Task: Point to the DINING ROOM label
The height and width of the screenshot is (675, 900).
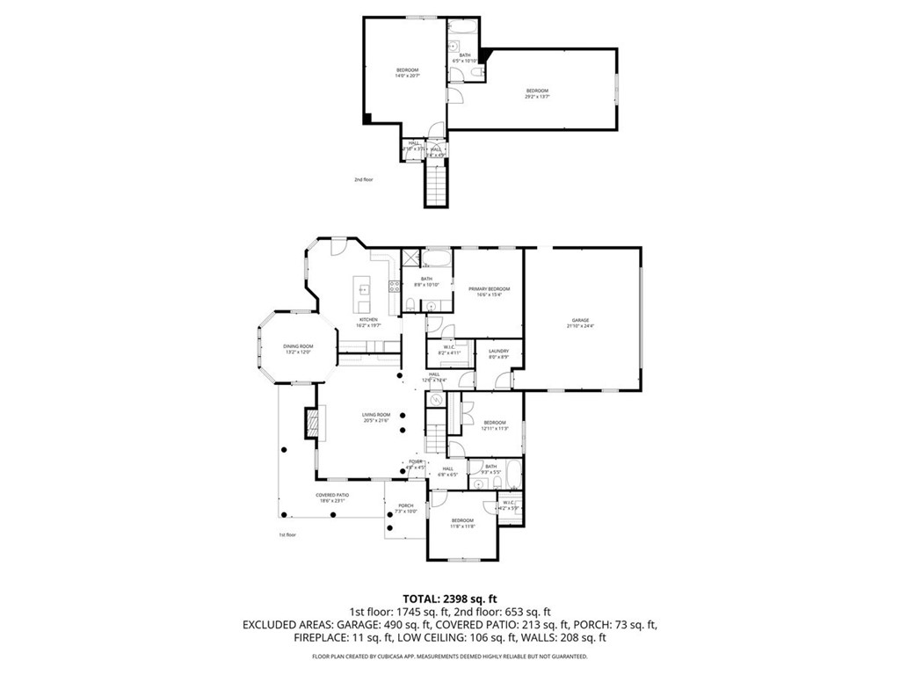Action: (298, 348)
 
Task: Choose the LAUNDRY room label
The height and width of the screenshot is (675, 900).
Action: (499, 353)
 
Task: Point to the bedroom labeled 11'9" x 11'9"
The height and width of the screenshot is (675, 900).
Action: (462, 523)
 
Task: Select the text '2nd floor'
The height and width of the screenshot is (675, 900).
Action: (364, 179)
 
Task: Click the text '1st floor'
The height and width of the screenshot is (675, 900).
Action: (288, 534)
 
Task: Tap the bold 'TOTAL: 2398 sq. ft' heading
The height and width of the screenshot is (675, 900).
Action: (449, 599)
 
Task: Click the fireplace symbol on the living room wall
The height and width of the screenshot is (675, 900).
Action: (311, 423)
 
